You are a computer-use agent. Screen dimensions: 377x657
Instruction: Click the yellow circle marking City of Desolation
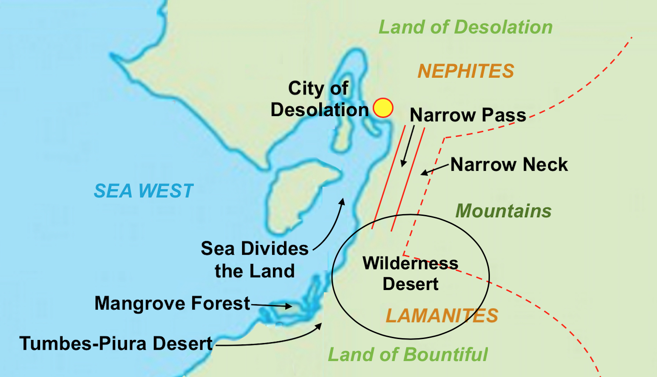[x=383, y=108]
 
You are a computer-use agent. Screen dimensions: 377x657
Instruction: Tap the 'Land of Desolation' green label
[x=465, y=27]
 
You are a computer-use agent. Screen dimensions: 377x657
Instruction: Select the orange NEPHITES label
[x=466, y=71]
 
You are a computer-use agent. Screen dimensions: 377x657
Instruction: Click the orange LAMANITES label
[x=442, y=316]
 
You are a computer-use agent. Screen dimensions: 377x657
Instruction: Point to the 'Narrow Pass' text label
[x=467, y=115]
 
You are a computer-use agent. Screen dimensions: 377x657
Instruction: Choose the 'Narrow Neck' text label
[x=509, y=165]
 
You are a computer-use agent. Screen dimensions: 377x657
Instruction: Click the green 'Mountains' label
[x=503, y=211]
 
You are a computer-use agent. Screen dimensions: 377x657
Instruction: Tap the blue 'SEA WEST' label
[x=143, y=191]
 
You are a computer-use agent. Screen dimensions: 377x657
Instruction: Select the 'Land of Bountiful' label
[x=408, y=354]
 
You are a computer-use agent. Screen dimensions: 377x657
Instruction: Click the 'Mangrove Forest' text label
[x=172, y=304]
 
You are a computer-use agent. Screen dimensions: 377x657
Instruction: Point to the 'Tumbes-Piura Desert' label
[x=116, y=343]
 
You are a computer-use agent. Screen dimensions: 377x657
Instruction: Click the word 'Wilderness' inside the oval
[x=410, y=264]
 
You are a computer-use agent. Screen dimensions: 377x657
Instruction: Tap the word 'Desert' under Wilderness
[x=410, y=284]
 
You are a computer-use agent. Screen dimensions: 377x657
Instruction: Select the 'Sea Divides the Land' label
[x=254, y=260]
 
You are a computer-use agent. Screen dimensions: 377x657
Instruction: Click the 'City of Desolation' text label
[x=319, y=99]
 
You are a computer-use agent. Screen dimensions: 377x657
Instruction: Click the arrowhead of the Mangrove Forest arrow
[x=289, y=306]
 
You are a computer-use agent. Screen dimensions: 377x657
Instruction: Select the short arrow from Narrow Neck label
[x=434, y=170]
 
